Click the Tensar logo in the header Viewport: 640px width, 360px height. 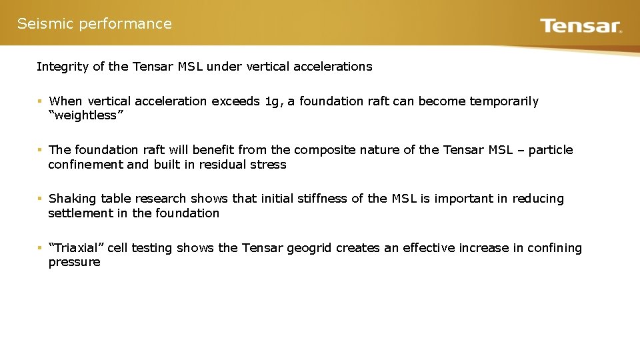click(581, 26)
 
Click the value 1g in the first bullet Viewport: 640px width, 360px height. click(273, 101)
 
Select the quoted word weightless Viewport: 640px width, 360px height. click(83, 115)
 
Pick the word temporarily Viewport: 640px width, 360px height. click(504, 101)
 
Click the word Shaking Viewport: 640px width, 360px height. click(73, 199)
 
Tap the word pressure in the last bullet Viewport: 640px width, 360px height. click(74, 262)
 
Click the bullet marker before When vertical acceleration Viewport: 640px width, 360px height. click(40, 101)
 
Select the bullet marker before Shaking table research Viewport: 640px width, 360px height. click(40, 199)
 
